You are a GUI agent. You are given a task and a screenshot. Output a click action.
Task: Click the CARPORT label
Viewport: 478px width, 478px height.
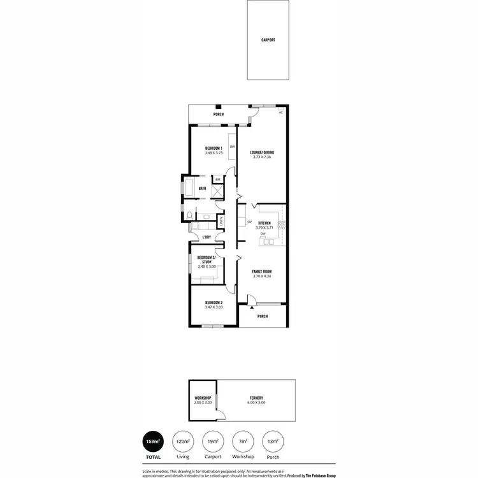click(268, 40)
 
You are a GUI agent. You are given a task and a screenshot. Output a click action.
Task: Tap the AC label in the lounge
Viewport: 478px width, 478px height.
click(280, 112)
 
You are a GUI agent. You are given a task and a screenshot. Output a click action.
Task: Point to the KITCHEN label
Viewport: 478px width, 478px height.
click(264, 223)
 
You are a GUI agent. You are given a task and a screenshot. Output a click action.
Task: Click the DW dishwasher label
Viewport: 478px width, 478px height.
click(263, 234)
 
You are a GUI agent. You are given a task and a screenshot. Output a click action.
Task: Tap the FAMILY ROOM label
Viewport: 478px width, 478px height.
click(262, 272)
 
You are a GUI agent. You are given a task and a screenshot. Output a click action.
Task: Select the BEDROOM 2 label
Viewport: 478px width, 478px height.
click(214, 303)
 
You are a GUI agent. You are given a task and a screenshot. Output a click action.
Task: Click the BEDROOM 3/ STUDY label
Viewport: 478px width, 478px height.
click(206, 259)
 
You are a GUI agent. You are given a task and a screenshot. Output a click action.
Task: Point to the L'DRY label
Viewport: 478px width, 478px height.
click(206, 238)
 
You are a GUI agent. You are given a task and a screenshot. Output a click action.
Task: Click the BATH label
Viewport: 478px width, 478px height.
click(202, 189)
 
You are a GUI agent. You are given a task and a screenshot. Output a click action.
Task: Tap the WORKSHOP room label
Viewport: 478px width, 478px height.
click(203, 398)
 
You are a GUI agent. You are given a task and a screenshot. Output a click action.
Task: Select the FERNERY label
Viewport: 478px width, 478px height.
click(257, 398)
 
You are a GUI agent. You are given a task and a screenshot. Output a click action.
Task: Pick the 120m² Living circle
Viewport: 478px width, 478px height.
click(183, 441)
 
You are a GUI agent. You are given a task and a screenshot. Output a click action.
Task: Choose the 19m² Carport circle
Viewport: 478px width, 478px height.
click(213, 441)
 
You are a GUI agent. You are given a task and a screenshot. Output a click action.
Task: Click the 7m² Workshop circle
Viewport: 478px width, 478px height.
click(243, 441)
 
